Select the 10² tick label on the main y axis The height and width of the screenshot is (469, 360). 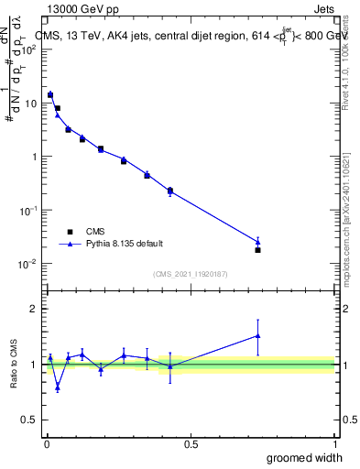(x=28, y=49)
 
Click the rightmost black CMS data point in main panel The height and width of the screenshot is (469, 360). (x=258, y=250)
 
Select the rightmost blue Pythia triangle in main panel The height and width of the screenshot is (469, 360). (x=258, y=242)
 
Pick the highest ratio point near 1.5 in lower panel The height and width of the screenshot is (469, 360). (x=258, y=336)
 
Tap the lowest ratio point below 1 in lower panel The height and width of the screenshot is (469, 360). (x=58, y=387)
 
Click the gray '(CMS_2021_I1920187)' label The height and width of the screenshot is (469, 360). (x=190, y=273)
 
